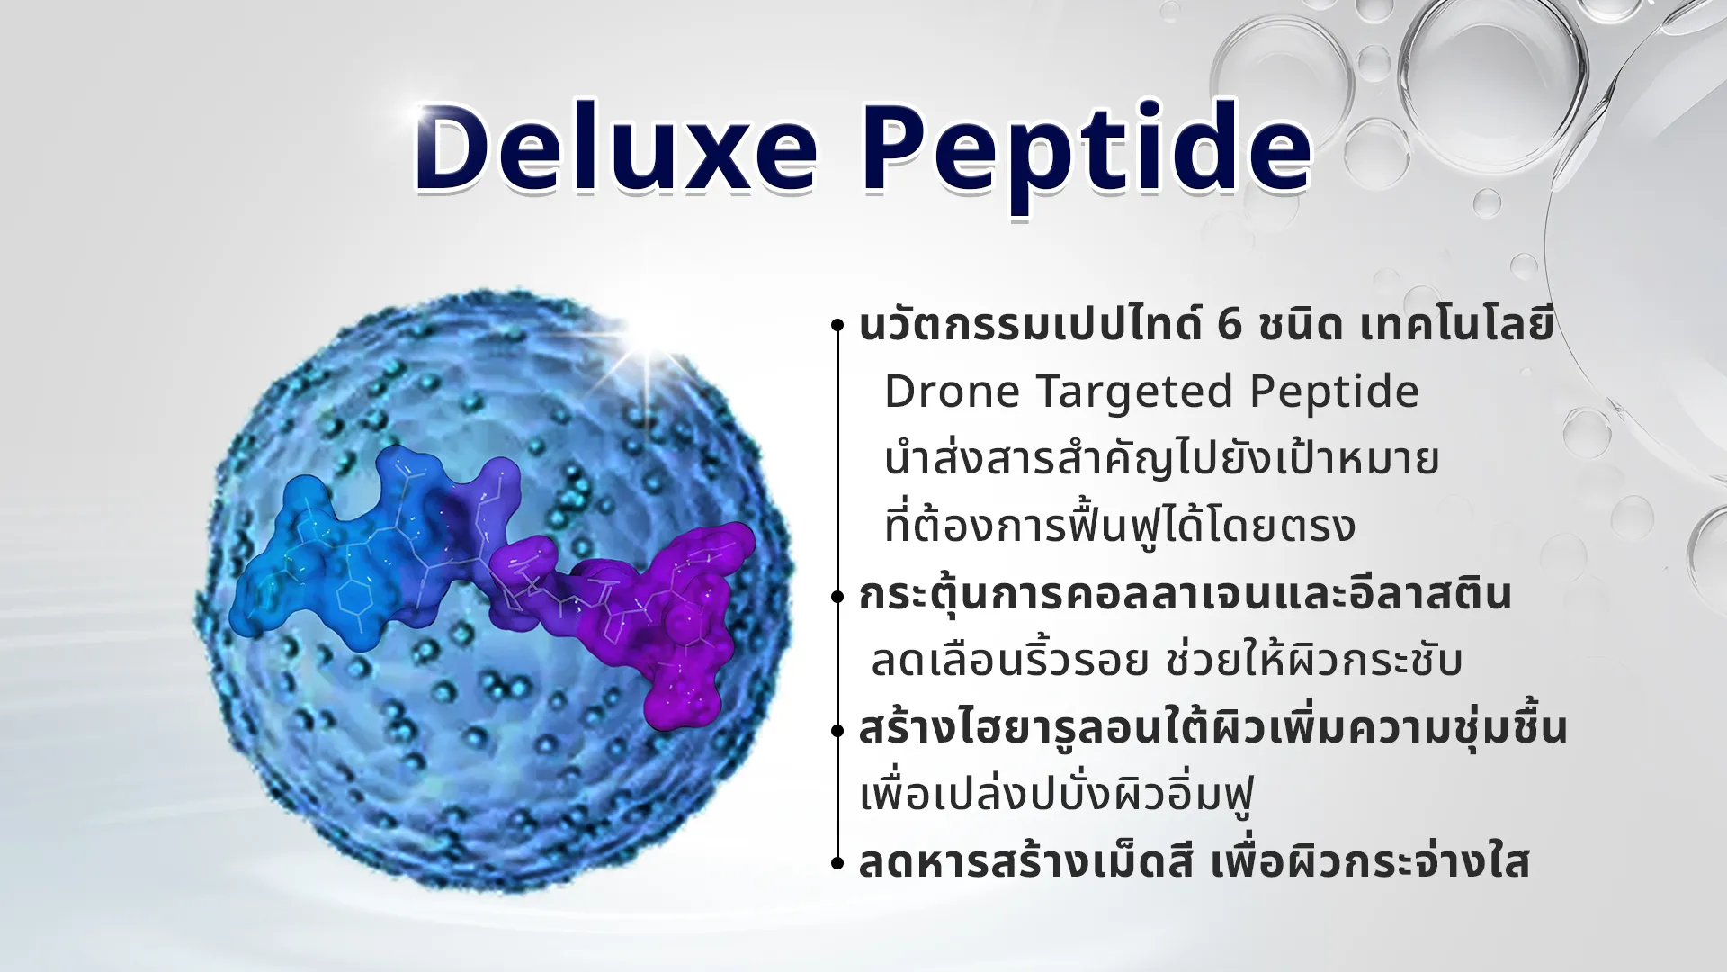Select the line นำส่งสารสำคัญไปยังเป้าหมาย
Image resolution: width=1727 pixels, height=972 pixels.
tap(1161, 459)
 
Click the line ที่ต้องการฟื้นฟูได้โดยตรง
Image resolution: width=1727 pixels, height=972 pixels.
tap(1119, 525)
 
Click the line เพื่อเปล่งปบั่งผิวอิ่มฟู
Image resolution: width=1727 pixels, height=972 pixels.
tap(1057, 795)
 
